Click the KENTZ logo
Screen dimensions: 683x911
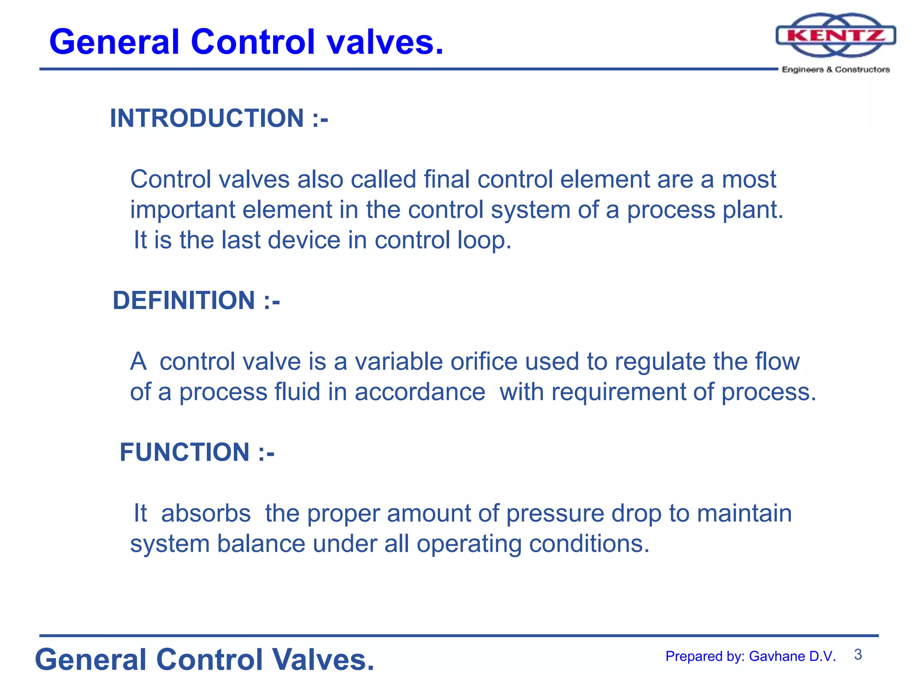835,36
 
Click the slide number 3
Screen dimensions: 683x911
858,655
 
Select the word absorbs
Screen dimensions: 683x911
206,514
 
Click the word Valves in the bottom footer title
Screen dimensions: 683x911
323,659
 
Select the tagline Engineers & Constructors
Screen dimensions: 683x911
835,70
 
